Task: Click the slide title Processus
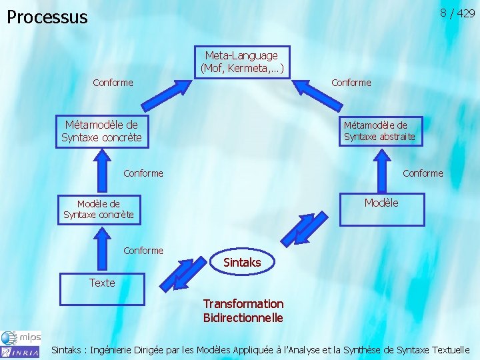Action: [x=47, y=17]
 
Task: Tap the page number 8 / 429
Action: [x=457, y=13]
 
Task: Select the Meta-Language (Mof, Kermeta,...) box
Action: [x=241, y=61]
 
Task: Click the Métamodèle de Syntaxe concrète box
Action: [x=101, y=131]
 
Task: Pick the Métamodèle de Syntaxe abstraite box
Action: [x=379, y=131]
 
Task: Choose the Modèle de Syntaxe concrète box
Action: [x=99, y=209]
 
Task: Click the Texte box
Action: [x=102, y=283]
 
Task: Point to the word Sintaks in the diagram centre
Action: [x=242, y=263]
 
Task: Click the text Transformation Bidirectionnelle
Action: [x=243, y=311]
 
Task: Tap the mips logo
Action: [x=28, y=337]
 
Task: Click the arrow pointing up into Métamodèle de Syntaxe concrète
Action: [x=101, y=171]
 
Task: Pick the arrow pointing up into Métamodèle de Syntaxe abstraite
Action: [x=381, y=171]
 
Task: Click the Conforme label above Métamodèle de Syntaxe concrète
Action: [x=113, y=83]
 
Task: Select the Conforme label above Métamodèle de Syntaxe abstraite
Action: [x=351, y=83]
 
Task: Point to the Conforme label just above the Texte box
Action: [x=143, y=251]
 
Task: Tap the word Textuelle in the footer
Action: [x=451, y=349]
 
